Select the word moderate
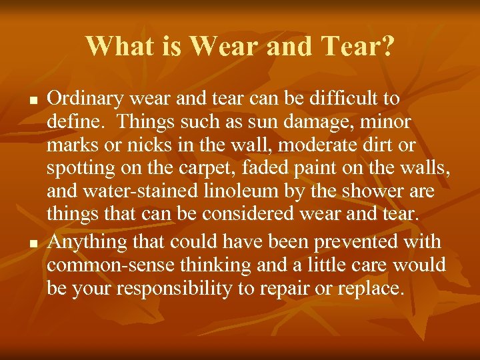pos(323,145)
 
